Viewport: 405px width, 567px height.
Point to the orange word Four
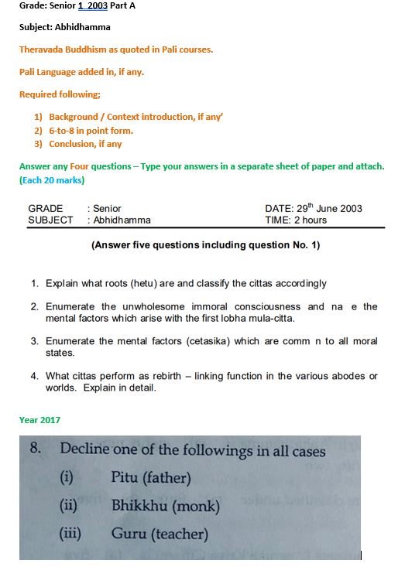(x=80, y=166)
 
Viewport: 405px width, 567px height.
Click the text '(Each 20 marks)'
(x=52, y=180)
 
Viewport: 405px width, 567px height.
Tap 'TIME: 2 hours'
(x=296, y=220)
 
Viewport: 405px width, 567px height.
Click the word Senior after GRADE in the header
(x=107, y=208)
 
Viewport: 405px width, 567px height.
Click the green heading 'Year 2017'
(x=39, y=420)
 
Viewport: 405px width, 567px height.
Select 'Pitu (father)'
(x=150, y=477)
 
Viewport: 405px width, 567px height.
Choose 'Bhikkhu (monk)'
(x=165, y=507)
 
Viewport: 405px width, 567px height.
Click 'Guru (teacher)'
(x=159, y=534)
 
